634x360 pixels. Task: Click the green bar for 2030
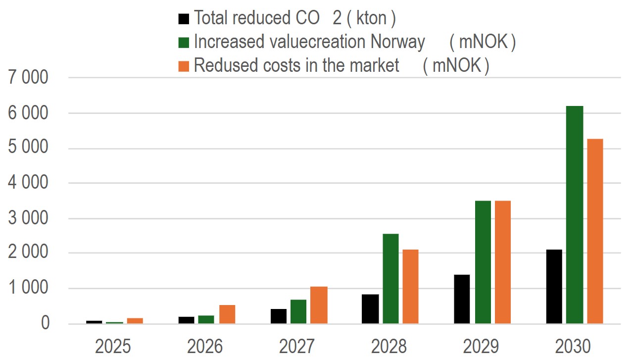click(575, 215)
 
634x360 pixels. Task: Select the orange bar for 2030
click(595, 231)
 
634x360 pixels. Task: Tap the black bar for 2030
click(554, 287)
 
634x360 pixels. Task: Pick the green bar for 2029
click(483, 262)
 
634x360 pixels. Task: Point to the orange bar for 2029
click(502, 262)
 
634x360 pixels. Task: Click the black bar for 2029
click(462, 299)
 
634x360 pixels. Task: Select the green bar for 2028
click(390, 279)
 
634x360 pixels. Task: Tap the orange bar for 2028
click(410, 287)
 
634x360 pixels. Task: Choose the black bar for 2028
click(370, 309)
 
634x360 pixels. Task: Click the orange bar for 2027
click(319, 305)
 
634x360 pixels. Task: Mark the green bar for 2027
click(298, 311)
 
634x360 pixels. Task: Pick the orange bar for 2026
click(227, 314)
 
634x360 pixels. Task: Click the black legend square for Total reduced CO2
click(184, 19)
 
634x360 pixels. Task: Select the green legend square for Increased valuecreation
click(184, 43)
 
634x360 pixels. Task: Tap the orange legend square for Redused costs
click(184, 66)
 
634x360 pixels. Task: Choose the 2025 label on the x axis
click(113, 347)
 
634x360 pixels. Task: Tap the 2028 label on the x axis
click(389, 347)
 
